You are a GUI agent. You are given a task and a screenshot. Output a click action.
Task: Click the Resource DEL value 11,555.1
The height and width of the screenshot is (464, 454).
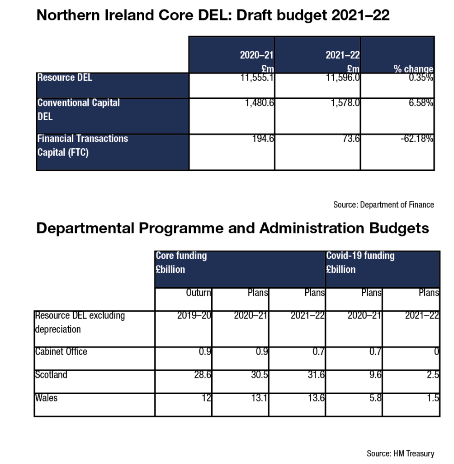click(257, 77)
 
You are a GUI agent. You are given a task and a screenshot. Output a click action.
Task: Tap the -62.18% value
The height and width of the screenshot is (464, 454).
click(417, 139)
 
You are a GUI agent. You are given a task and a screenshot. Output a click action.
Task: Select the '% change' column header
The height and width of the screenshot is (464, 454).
click(413, 69)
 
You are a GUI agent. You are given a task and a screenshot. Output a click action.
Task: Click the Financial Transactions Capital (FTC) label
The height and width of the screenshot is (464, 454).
click(82, 145)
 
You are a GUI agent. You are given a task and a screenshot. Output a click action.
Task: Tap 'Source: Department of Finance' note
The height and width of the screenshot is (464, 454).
click(383, 205)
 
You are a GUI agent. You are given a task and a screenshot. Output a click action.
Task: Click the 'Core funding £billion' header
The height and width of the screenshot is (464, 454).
click(181, 262)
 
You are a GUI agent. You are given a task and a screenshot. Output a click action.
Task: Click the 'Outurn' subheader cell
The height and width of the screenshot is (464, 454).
click(199, 293)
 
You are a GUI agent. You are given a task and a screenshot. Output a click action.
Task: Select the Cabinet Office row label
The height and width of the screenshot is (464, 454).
click(61, 352)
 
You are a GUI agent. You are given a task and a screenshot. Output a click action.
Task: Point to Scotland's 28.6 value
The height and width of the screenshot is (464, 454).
click(203, 375)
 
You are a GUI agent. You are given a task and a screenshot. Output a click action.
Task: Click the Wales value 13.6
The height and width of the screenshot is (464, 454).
click(316, 398)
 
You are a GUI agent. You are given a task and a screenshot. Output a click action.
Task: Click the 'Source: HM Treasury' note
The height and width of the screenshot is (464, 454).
click(400, 453)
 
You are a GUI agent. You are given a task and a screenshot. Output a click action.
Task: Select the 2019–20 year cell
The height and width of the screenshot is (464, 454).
click(194, 315)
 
